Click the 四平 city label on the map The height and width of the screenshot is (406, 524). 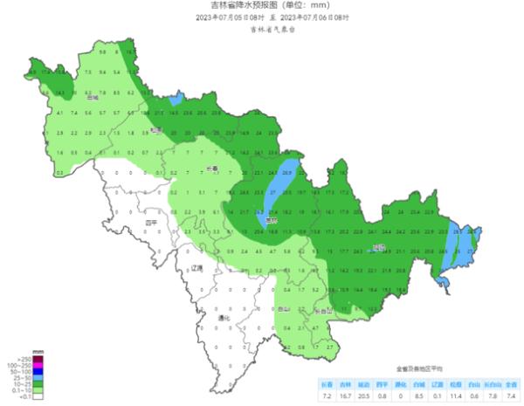(x=151, y=223)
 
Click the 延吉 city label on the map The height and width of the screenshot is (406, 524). (x=377, y=248)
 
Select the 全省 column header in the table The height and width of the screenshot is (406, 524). (x=514, y=382)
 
